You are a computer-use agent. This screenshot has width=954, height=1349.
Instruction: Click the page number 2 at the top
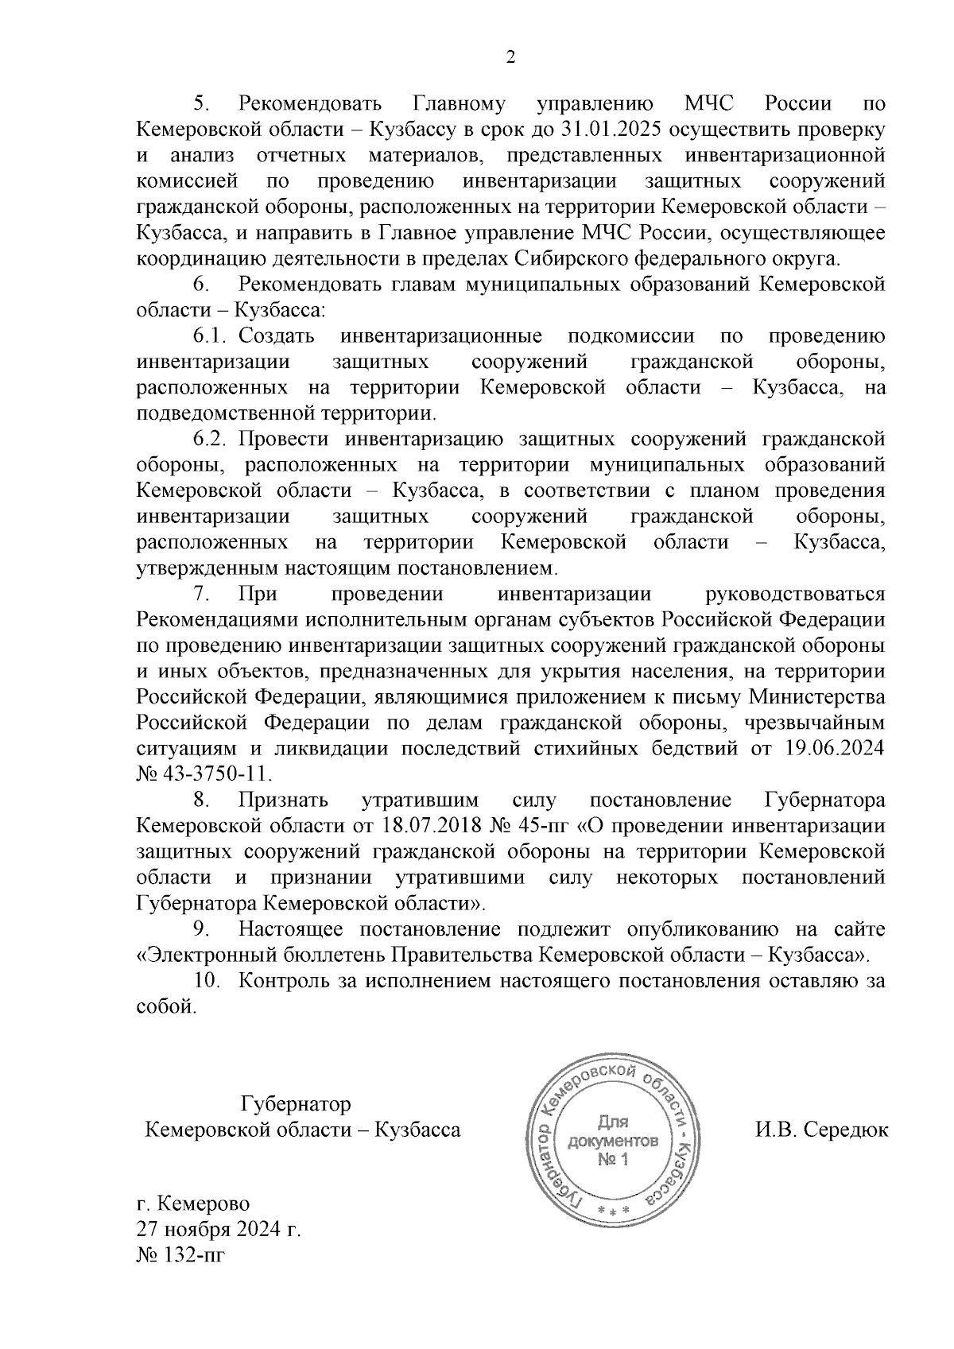click(x=510, y=56)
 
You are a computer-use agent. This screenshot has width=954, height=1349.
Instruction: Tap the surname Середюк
click(x=847, y=1130)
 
